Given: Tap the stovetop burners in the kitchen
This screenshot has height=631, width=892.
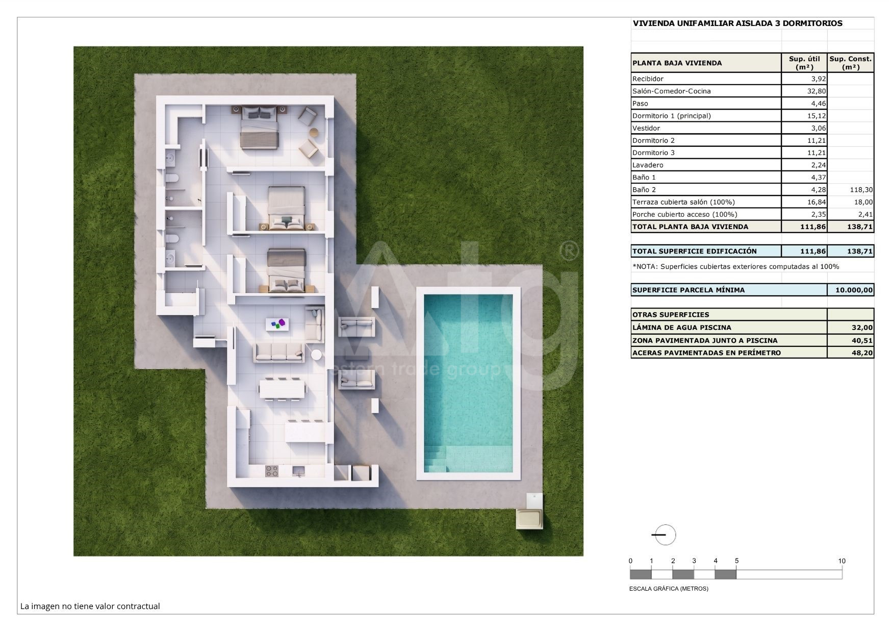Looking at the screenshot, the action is pyautogui.click(x=272, y=471).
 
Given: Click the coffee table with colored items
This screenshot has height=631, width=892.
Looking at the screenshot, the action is pyautogui.click(x=277, y=324).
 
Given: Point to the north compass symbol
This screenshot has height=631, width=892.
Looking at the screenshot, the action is pyautogui.click(x=664, y=535).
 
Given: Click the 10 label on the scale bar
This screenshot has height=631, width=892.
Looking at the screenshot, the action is pyautogui.click(x=842, y=561).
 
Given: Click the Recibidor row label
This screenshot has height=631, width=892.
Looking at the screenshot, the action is pyautogui.click(x=648, y=79).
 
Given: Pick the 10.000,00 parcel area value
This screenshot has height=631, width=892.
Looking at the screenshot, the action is pyautogui.click(x=854, y=290).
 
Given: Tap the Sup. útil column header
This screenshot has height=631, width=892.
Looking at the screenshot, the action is pyautogui.click(x=804, y=63).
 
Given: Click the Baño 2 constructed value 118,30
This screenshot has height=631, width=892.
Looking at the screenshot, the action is pyautogui.click(x=861, y=190).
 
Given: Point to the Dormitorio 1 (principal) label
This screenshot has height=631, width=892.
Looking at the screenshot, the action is pyautogui.click(x=671, y=116).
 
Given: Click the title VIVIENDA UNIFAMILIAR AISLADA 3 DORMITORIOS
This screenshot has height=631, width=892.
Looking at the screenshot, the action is pyautogui.click(x=737, y=23).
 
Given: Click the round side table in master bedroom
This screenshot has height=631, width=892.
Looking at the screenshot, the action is pyautogui.click(x=314, y=132).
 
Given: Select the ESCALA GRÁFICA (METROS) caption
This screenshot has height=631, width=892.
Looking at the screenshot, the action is pyautogui.click(x=669, y=589).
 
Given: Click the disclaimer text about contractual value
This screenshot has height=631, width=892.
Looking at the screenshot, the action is pyautogui.click(x=90, y=606).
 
